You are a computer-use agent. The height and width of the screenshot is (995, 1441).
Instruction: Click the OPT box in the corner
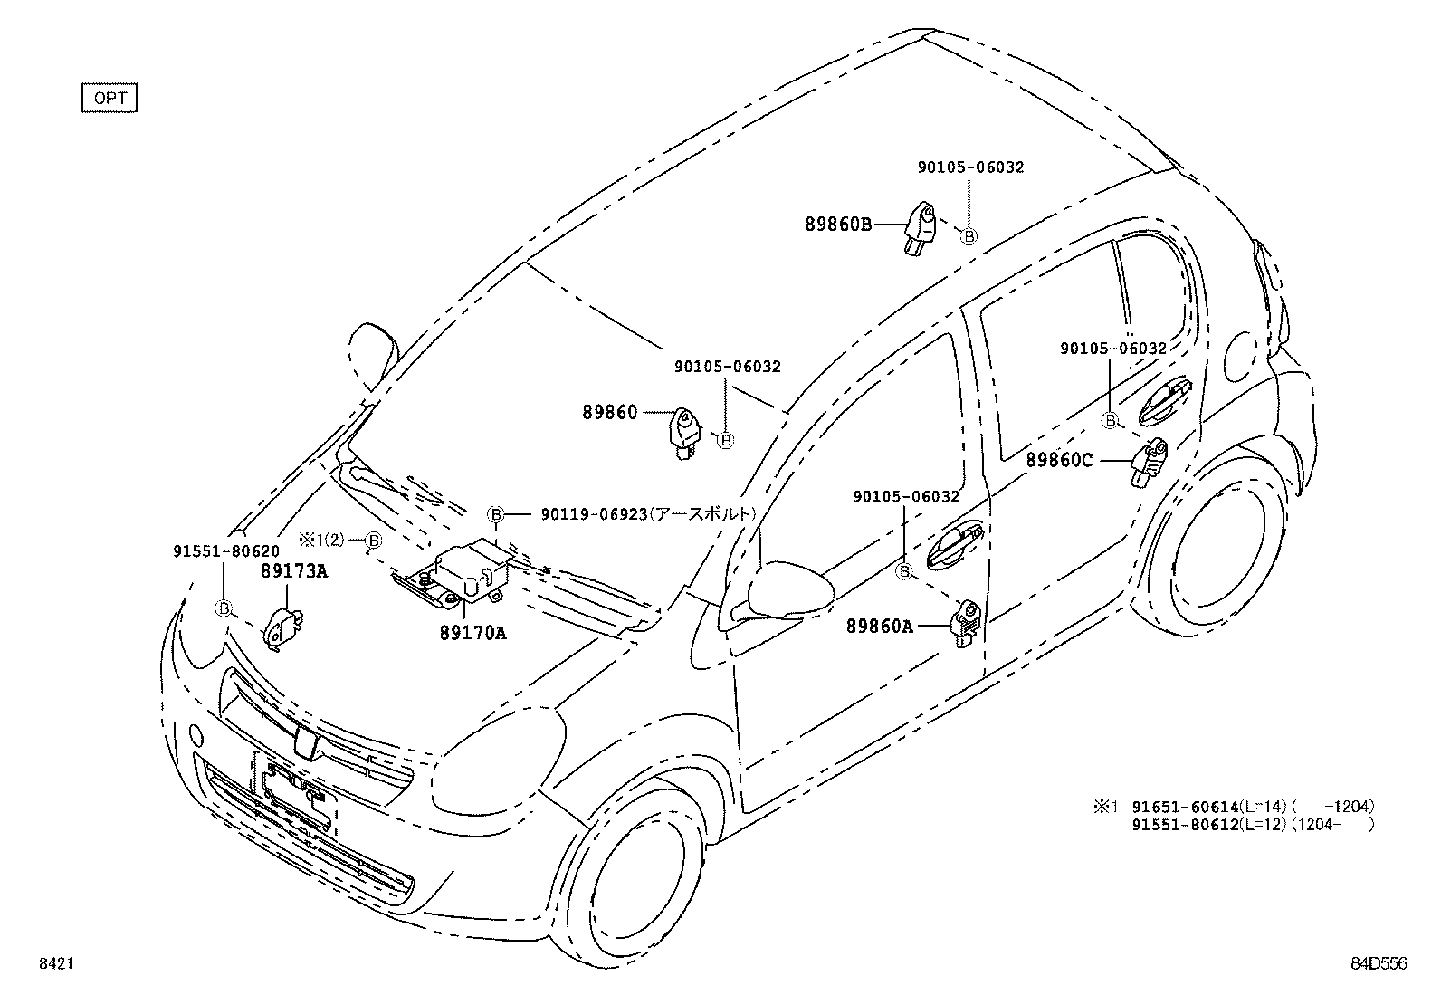(x=109, y=98)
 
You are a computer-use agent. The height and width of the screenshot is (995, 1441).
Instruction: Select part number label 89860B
(x=838, y=224)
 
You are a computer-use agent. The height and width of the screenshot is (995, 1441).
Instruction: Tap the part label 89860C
(x=1059, y=461)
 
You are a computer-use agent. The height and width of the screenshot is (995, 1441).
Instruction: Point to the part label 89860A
(x=880, y=626)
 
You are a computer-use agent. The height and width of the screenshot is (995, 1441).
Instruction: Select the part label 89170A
(x=472, y=633)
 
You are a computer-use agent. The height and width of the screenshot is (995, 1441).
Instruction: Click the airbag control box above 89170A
(x=466, y=570)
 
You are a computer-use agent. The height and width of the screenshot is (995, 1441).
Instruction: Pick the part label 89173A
(x=294, y=570)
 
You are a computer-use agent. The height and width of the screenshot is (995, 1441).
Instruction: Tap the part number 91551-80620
(x=225, y=550)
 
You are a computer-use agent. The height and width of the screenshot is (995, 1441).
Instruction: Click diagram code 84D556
(x=1379, y=965)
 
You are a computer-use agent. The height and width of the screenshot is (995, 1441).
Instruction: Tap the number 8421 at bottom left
(x=55, y=965)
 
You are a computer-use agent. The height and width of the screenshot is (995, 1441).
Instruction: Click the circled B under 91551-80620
(x=224, y=608)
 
